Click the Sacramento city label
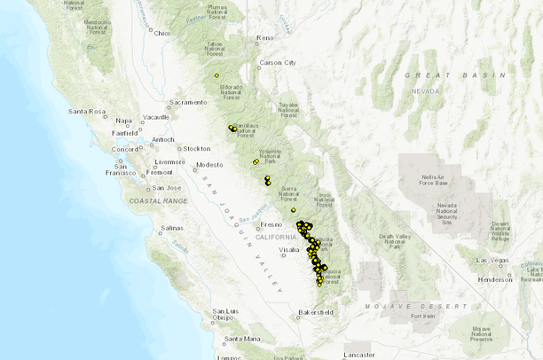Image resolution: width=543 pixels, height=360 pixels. coord(187,102)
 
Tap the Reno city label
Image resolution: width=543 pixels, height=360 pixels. coord(264,38)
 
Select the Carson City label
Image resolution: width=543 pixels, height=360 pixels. coord(278,63)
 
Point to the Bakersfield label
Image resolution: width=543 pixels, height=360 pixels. coord(314,312)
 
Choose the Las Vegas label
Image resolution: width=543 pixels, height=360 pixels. coord(494,260)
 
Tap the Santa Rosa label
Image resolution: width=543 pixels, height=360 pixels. coord(87,112)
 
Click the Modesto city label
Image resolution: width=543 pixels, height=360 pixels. coord(209,165)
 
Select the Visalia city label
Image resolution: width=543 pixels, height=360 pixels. coord(289,250)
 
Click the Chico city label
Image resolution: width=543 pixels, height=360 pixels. coord(161,33)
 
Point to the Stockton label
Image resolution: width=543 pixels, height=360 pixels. coord(196,148)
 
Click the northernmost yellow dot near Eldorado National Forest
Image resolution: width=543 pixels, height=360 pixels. coord(216,75)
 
